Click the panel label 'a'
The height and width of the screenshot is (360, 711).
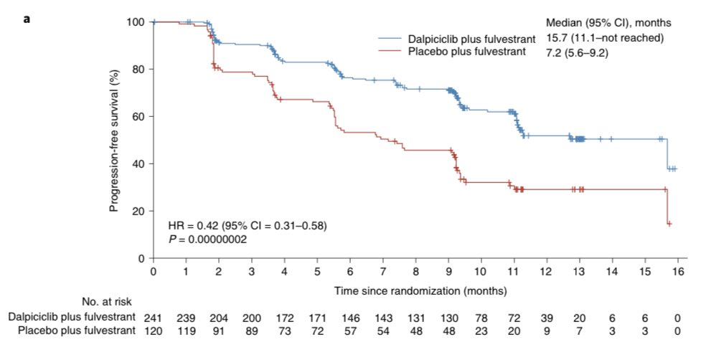click(27, 19)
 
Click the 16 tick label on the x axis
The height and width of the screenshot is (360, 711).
click(678, 272)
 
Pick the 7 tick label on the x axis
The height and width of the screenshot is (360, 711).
click(382, 272)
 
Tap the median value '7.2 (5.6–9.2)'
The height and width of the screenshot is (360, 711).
click(578, 52)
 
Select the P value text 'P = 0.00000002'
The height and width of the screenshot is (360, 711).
click(208, 239)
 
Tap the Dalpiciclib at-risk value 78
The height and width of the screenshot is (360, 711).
click(481, 316)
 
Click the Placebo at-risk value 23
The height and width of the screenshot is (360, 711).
click(481, 330)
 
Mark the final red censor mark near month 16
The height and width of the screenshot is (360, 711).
click(669, 224)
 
